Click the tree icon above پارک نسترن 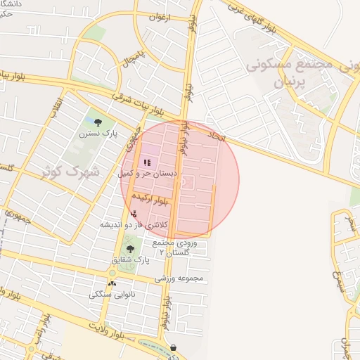point(98,122)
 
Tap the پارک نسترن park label point(98,132)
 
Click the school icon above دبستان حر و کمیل point(146,162)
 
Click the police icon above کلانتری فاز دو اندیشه point(134,214)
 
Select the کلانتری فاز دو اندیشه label point(134,224)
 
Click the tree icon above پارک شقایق point(129,248)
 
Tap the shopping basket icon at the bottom point(173,347)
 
